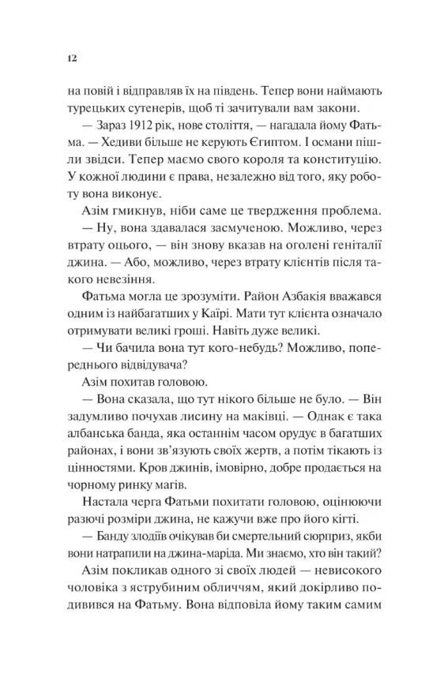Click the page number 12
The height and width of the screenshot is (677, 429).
(x=72, y=58)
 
